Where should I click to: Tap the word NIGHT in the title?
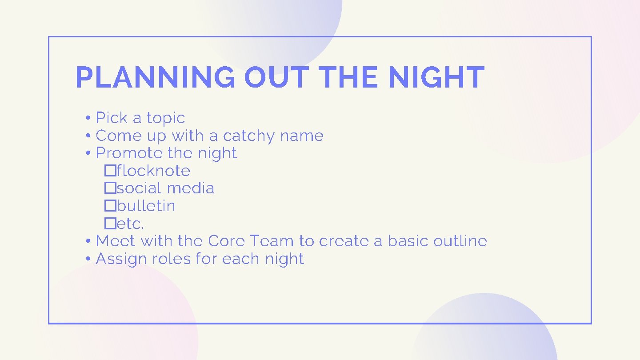click(436, 77)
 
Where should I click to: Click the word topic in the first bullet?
click(166, 118)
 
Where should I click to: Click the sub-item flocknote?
click(153, 171)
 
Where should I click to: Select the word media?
click(191, 188)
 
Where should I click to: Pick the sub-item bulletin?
click(146, 206)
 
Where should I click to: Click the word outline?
click(460, 241)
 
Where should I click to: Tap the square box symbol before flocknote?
click(110, 171)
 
